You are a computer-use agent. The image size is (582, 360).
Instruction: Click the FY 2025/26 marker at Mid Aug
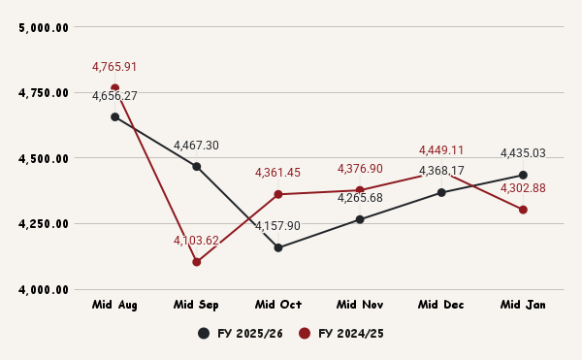pyautogui.click(x=114, y=116)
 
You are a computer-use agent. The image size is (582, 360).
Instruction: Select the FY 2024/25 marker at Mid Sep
pyautogui.click(x=196, y=262)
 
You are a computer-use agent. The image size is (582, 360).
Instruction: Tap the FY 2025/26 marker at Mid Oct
pyautogui.click(x=278, y=247)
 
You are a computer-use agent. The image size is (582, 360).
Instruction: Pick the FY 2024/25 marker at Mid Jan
pyautogui.click(x=523, y=210)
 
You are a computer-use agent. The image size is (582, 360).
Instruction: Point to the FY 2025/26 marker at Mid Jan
pyautogui.click(x=523, y=175)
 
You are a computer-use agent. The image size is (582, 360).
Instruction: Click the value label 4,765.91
pyautogui.click(x=114, y=67)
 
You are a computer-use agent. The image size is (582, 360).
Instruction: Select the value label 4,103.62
pyautogui.click(x=196, y=241)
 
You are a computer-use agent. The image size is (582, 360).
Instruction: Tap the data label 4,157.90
pyautogui.click(x=278, y=226)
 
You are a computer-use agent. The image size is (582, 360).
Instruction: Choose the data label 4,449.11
pyautogui.click(x=441, y=150)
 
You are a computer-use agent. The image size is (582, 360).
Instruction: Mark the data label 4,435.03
pyautogui.click(x=523, y=153)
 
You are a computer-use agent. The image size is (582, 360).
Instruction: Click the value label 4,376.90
pyautogui.click(x=360, y=169)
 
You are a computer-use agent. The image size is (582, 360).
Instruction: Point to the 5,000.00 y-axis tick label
pyautogui.click(x=44, y=27)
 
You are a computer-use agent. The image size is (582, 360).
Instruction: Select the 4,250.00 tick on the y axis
pyautogui.click(x=44, y=224)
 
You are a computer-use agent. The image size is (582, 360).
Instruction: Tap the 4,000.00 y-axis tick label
pyautogui.click(x=44, y=289)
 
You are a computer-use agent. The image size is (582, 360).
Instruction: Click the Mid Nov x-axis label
pyautogui.click(x=360, y=305)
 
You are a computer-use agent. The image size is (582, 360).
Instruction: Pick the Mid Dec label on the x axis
pyautogui.click(x=441, y=305)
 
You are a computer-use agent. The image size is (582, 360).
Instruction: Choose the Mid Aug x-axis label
pyautogui.click(x=114, y=305)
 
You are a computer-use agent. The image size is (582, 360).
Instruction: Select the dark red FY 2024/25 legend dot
pyautogui.click(x=305, y=334)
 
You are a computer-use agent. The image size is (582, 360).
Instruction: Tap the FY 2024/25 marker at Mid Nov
pyautogui.click(x=360, y=190)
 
